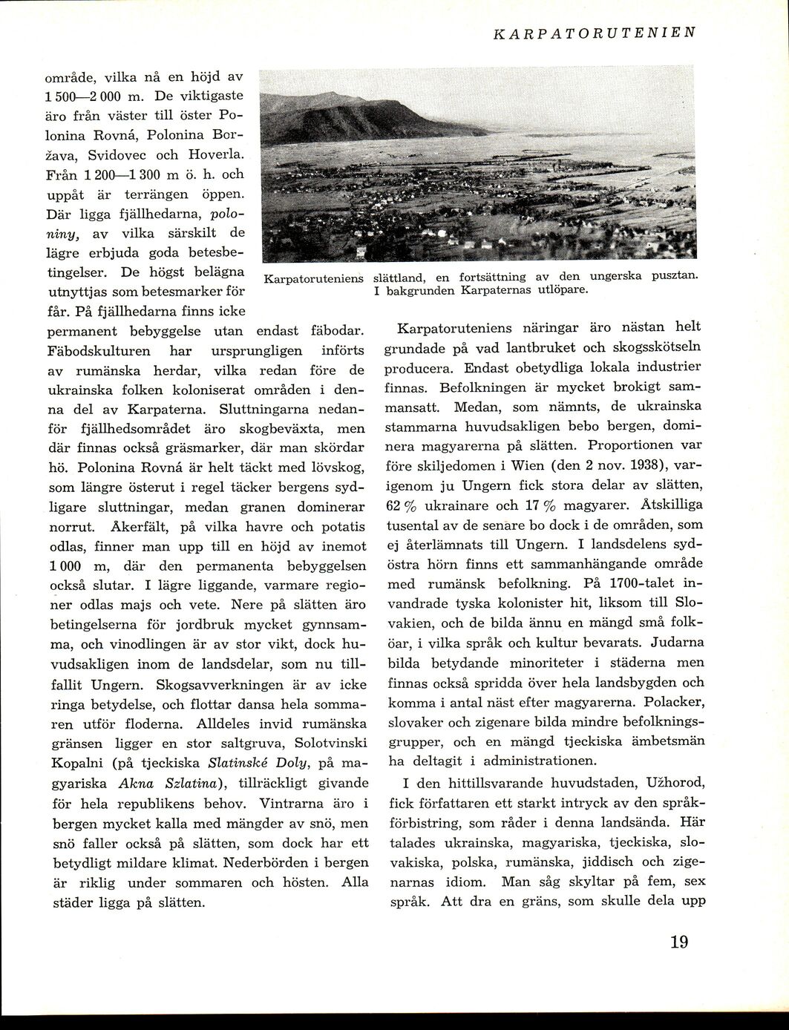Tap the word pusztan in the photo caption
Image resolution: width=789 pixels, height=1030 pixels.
pos(674,277)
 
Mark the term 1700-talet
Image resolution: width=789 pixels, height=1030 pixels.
pos(637,583)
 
